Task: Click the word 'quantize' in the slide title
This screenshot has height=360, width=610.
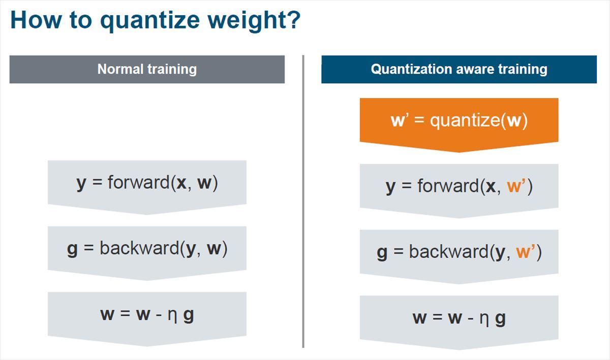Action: click(x=150, y=21)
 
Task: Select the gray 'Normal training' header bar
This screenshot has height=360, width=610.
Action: click(x=147, y=70)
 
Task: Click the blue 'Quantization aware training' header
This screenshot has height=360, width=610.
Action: click(x=459, y=70)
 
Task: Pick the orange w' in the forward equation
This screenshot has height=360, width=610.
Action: click(x=515, y=186)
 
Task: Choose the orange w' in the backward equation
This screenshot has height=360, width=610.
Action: click(x=525, y=252)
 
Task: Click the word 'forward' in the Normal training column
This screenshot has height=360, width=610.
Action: click(x=139, y=182)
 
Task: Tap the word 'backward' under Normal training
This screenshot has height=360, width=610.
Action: click(x=139, y=248)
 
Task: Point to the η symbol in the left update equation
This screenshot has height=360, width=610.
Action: click(x=172, y=316)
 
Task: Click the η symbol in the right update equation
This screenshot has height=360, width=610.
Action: click(x=484, y=319)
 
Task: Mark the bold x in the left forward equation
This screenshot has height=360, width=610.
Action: click(x=181, y=183)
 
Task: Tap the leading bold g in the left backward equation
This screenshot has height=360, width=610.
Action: click(x=72, y=250)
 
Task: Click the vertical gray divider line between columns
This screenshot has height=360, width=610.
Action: click(x=303, y=201)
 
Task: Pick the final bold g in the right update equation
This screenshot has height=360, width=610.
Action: click(x=500, y=320)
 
